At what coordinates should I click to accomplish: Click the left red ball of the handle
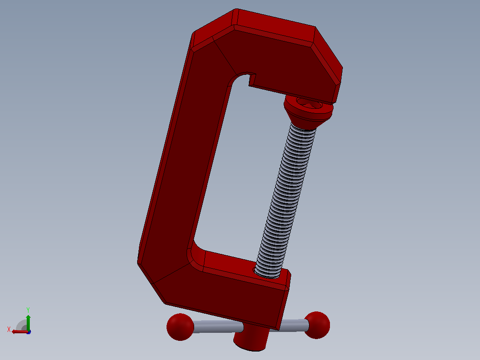pos(180,327)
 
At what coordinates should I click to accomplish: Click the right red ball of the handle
pos(317,325)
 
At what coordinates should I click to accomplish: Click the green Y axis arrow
pos(28,322)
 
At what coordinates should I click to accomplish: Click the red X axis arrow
pos(20,331)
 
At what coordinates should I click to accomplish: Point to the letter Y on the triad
pos(28,310)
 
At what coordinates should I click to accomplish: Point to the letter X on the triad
pos(9,329)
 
